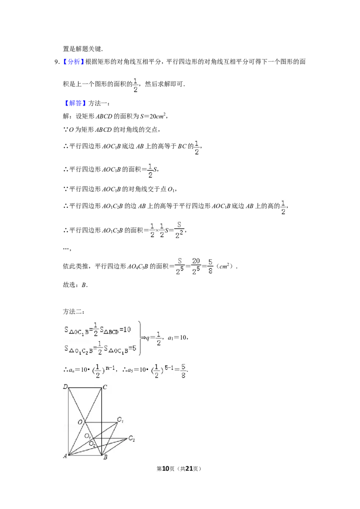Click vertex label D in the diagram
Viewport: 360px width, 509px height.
coord(65,387)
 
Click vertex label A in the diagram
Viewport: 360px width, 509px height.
coord(65,456)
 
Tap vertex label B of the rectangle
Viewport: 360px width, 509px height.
coord(105,457)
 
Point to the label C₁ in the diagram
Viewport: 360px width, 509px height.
coord(120,420)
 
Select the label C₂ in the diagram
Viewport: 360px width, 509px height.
coord(131,438)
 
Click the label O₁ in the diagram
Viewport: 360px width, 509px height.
coord(88,437)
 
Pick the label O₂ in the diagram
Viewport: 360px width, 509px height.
coord(92,444)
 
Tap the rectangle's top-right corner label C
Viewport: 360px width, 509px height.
coord(105,387)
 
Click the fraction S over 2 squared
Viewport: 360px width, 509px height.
coord(180,230)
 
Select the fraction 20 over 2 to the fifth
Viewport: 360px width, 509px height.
coord(196,266)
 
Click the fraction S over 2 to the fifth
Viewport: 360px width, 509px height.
coord(180,266)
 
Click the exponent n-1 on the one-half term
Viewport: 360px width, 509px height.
coord(111,367)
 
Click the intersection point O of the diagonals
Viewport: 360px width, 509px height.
coord(85,422)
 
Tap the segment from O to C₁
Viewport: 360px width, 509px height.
coord(101,422)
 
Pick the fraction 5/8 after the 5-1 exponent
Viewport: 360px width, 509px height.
coord(184,371)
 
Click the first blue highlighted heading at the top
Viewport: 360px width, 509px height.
coord(73,62)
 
